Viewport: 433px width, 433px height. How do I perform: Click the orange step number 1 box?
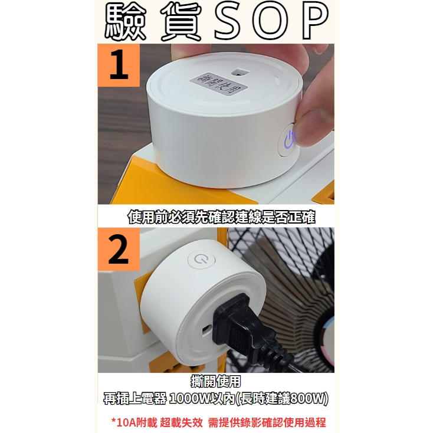click(119, 65)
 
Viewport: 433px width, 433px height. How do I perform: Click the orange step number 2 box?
click(119, 249)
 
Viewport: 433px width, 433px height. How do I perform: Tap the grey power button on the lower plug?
click(201, 260)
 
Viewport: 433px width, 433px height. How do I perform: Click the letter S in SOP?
click(229, 21)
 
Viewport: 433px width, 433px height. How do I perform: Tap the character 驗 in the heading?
click(125, 22)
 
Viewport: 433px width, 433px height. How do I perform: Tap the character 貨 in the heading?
click(181, 22)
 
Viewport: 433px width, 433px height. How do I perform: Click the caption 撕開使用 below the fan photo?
click(216, 382)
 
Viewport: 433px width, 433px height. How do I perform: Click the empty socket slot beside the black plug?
click(206, 331)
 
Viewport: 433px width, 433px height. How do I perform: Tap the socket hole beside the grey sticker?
click(240, 73)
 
